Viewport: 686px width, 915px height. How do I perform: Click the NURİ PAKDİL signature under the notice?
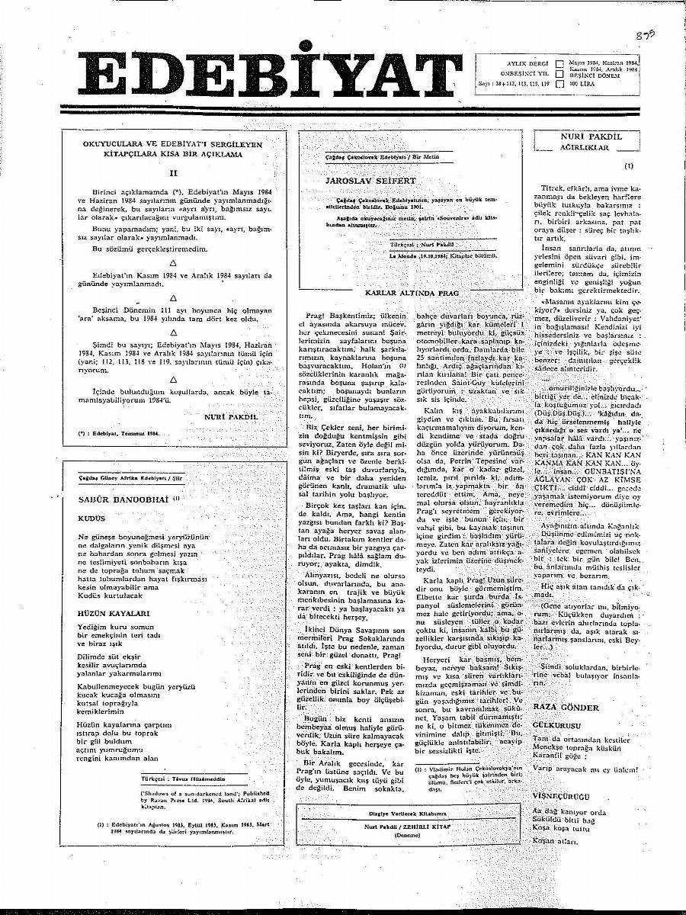[231, 417]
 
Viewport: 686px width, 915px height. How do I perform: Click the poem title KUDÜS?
[91, 518]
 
